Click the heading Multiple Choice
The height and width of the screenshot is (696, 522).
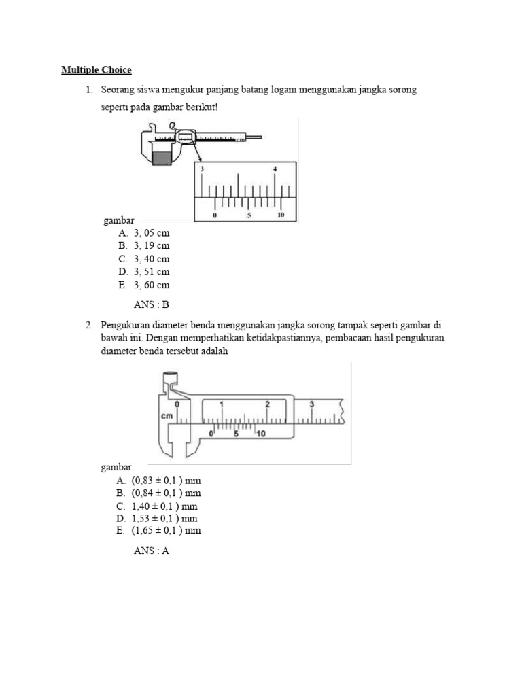click(x=96, y=70)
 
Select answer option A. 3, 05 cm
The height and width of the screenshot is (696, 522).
click(x=143, y=233)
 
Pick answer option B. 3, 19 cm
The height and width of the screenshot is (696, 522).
click(x=143, y=246)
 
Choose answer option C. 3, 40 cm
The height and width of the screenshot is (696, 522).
click(x=143, y=259)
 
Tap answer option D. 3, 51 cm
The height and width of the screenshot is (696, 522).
click(x=143, y=272)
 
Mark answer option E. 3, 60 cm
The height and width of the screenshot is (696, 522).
click(x=143, y=285)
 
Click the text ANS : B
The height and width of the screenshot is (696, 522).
click(x=151, y=305)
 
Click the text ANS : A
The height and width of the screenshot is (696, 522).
click(x=151, y=551)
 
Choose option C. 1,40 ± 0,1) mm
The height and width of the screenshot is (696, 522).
click(x=157, y=506)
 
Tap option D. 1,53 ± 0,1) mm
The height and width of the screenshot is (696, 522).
click(x=157, y=519)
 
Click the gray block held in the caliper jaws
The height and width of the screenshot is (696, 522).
click(x=162, y=158)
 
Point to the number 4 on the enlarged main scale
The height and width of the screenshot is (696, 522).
click(x=275, y=169)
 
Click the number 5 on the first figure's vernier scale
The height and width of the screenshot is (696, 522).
click(x=249, y=215)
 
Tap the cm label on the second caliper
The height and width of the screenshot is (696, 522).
click(x=167, y=415)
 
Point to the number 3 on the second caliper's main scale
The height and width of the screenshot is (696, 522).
click(x=311, y=404)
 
